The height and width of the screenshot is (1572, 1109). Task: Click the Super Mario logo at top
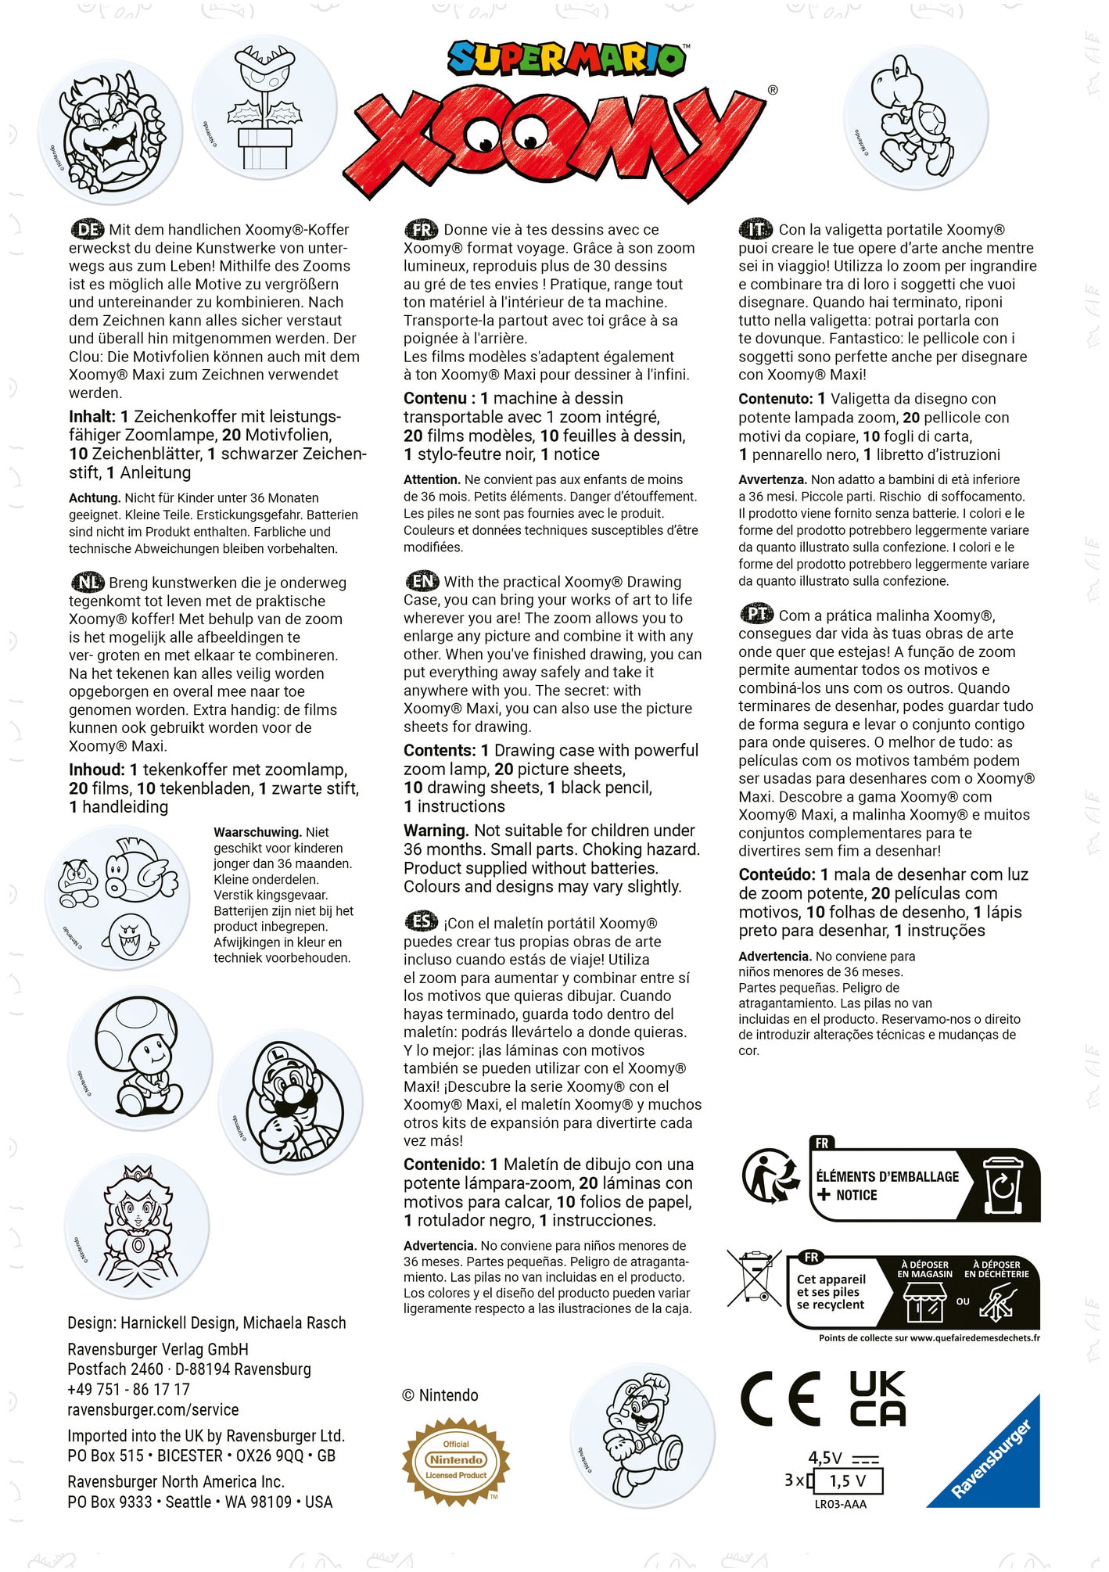click(568, 59)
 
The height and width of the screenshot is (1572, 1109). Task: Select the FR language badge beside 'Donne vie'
click(422, 229)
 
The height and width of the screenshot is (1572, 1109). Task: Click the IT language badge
click(755, 229)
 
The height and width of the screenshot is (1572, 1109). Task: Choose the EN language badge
click(422, 581)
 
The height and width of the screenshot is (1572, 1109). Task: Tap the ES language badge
click(422, 922)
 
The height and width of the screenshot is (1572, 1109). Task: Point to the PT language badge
click(756, 615)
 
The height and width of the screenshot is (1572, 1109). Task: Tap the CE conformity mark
click(780, 1398)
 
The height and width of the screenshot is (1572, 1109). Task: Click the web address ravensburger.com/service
click(153, 1409)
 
